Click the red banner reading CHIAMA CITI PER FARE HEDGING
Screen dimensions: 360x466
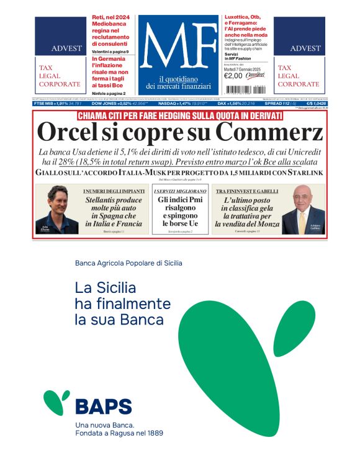(179, 115)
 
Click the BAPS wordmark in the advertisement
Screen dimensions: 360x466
(103, 406)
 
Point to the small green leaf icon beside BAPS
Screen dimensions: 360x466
(56, 401)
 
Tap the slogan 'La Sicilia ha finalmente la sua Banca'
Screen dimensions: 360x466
(122, 304)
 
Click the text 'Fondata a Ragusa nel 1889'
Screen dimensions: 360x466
(119, 432)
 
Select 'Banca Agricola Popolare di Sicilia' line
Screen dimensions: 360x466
(128, 263)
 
